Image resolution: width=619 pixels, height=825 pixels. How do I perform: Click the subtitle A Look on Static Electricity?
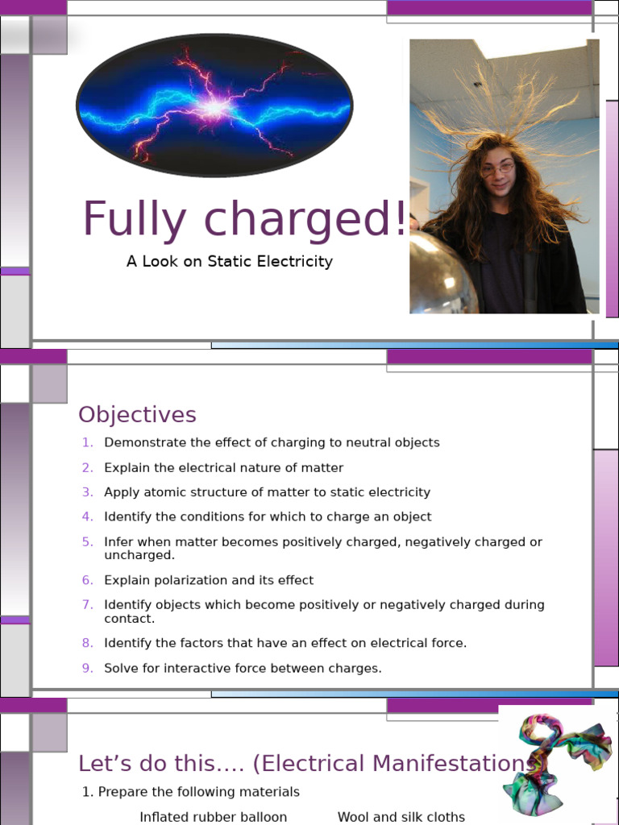[x=229, y=261]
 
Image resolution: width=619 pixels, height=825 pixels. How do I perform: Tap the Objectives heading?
[x=137, y=415]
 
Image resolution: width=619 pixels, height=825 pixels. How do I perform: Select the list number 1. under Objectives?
[x=88, y=442]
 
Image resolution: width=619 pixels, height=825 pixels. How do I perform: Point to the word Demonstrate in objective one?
[x=146, y=442]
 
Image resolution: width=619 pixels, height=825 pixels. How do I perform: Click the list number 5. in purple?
[x=88, y=542]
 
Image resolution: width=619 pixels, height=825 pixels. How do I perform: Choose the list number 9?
[x=88, y=668]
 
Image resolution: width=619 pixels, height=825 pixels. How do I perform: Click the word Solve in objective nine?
[x=120, y=668]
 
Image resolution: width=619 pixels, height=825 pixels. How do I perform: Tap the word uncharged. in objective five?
[x=139, y=555]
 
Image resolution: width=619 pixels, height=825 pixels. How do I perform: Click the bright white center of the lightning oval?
[x=214, y=106]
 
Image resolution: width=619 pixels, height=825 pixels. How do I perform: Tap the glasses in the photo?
[x=497, y=169]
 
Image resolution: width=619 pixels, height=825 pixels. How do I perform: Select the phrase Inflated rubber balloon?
[x=213, y=817]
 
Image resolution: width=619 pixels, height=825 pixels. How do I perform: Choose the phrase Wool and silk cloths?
[x=401, y=817]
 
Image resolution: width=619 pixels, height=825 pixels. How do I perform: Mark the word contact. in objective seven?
[x=129, y=618]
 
